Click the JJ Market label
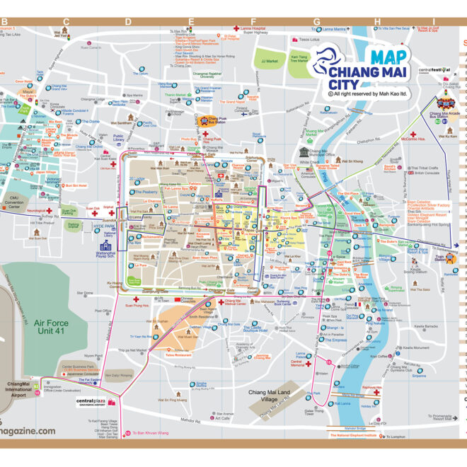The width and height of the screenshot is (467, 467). coord(270,62)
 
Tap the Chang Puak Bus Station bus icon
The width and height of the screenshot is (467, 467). coord(203,121)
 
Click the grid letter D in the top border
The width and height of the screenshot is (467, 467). coord(127,21)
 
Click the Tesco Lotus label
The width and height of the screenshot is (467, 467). coord(311,40)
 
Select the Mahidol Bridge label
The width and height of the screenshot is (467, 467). coord(357,428)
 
